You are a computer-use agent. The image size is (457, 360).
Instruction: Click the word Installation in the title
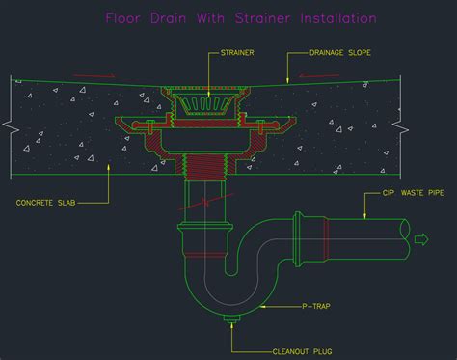click(336, 17)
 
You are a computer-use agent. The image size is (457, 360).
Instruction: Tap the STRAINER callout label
click(238, 52)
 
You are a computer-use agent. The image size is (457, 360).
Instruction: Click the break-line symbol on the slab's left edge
click(10, 125)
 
